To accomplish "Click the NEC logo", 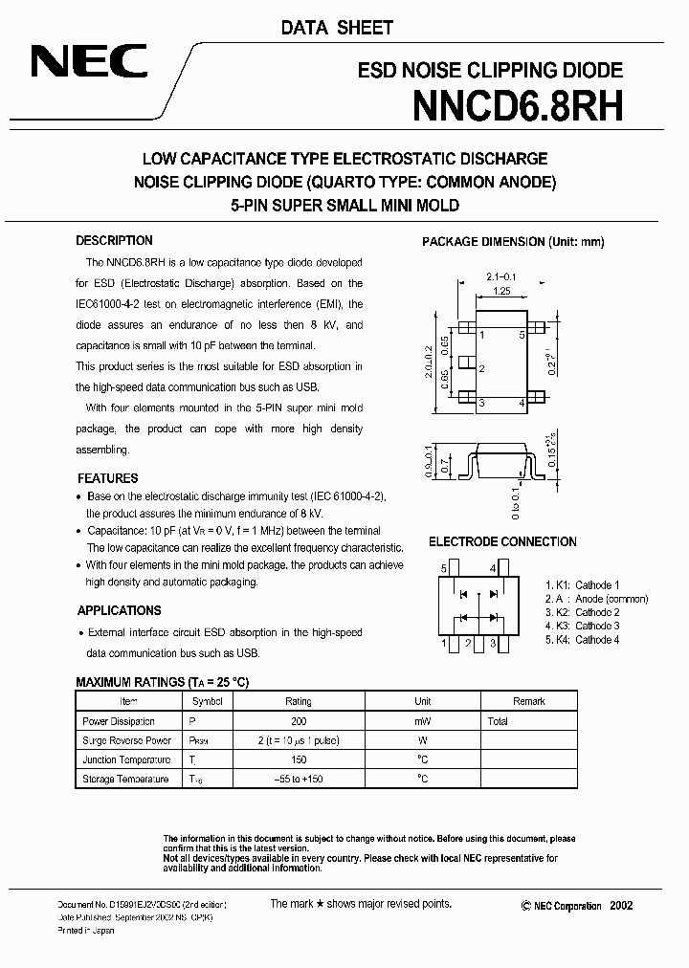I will pyautogui.click(x=89, y=62).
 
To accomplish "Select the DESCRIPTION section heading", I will pyautogui.click(x=114, y=241).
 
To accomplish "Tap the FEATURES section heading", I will pyautogui.click(x=107, y=478).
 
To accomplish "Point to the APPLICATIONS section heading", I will pyautogui.click(x=119, y=610).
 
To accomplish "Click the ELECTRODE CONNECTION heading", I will pyautogui.click(x=501, y=542).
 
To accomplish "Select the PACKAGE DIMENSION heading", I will pyautogui.click(x=513, y=242).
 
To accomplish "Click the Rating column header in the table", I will pyautogui.click(x=298, y=701).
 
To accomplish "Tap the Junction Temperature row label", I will pyautogui.click(x=125, y=759).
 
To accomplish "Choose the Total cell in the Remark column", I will pyautogui.click(x=498, y=721).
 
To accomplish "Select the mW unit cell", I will pyautogui.click(x=423, y=721).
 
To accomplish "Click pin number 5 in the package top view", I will pyautogui.click(x=522, y=335).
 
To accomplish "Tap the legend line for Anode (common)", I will pyautogui.click(x=596, y=599).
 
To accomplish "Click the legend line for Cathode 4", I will pyautogui.click(x=583, y=639).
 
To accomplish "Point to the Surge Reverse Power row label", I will pyautogui.click(x=126, y=740).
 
